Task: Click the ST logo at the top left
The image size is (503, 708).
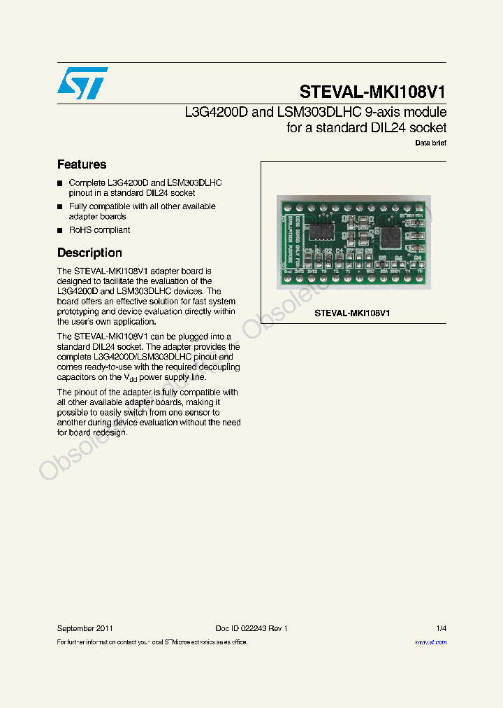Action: pyautogui.click(x=83, y=83)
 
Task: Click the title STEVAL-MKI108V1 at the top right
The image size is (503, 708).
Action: pyautogui.click(x=372, y=92)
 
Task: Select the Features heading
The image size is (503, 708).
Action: pyautogui.click(x=82, y=164)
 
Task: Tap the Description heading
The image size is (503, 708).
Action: pyautogui.click(x=89, y=253)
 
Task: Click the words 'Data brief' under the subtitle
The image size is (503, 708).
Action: pyautogui.click(x=430, y=143)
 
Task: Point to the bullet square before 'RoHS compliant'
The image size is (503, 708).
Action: pyautogui.click(x=60, y=230)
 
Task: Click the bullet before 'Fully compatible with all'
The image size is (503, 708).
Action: pyautogui.click(x=60, y=207)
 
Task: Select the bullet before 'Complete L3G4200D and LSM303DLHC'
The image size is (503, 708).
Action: pyautogui.click(x=60, y=183)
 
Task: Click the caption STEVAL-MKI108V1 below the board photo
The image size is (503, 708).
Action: pyautogui.click(x=352, y=313)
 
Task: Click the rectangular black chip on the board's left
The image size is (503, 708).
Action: pyautogui.click(x=323, y=231)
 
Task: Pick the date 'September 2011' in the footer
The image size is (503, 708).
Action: pyautogui.click(x=85, y=628)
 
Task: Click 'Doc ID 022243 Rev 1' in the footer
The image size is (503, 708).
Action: pyautogui.click(x=251, y=628)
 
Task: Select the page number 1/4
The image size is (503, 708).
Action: pyautogui.click(x=441, y=628)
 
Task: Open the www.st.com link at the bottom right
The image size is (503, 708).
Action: pyautogui.click(x=430, y=642)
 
